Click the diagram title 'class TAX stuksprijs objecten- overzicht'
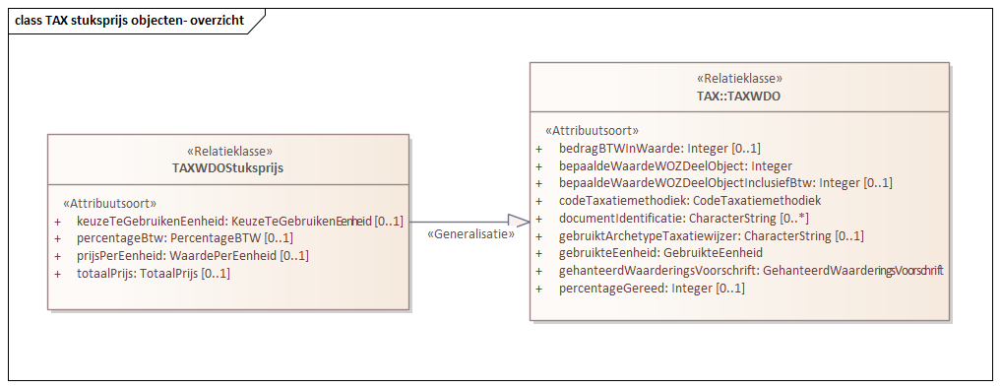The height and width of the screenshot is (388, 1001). coord(129,21)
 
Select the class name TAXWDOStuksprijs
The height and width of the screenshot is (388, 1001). coord(228,168)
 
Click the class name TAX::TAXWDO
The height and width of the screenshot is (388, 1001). coord(739,97)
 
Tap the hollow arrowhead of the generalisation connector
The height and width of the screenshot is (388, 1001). coord(519,222)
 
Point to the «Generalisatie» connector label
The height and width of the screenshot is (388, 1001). coord(471,234)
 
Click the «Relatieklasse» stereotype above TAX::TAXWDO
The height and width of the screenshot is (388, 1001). coord(739,79)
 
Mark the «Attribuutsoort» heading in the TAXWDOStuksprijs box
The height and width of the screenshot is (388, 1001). coord(110,204)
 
